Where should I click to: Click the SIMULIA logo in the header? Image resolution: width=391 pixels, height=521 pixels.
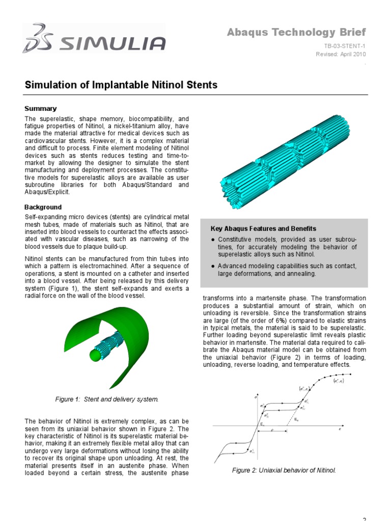point(94,39)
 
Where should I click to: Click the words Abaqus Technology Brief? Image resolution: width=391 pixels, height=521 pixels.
point(296,33)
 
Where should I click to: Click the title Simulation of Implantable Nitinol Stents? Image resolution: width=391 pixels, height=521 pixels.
point(121,85)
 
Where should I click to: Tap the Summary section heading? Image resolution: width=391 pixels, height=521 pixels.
point(41,108)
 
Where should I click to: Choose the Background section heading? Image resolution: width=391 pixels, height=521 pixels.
point(43,207)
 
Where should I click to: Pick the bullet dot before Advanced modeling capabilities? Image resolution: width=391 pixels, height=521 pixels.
point(212,266)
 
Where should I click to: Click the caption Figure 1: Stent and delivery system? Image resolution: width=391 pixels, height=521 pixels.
point(107,399)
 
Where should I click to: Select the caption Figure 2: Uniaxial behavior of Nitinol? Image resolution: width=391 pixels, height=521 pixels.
point(284,470)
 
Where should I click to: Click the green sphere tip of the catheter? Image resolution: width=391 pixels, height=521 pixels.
point(94,355)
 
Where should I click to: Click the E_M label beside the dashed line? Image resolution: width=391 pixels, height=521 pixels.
point(297,420)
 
